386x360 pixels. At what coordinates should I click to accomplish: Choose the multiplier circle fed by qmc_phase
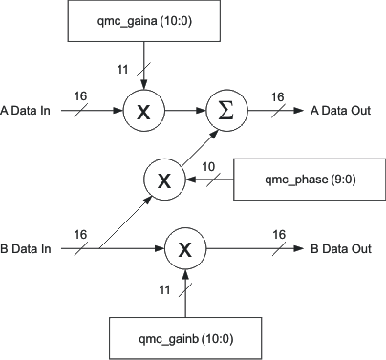(165, 179)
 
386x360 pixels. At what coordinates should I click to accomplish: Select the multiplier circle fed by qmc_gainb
(187, 250)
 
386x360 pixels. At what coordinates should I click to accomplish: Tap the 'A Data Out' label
(343, 112)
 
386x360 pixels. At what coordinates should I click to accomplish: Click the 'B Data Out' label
(343, 250)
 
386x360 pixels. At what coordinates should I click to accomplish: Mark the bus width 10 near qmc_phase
(208, 168)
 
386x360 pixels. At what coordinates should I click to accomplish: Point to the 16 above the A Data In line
(79, 96)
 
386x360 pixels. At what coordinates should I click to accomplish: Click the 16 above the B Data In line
(79, 234)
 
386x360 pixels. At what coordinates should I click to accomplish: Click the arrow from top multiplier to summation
(186, 112)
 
